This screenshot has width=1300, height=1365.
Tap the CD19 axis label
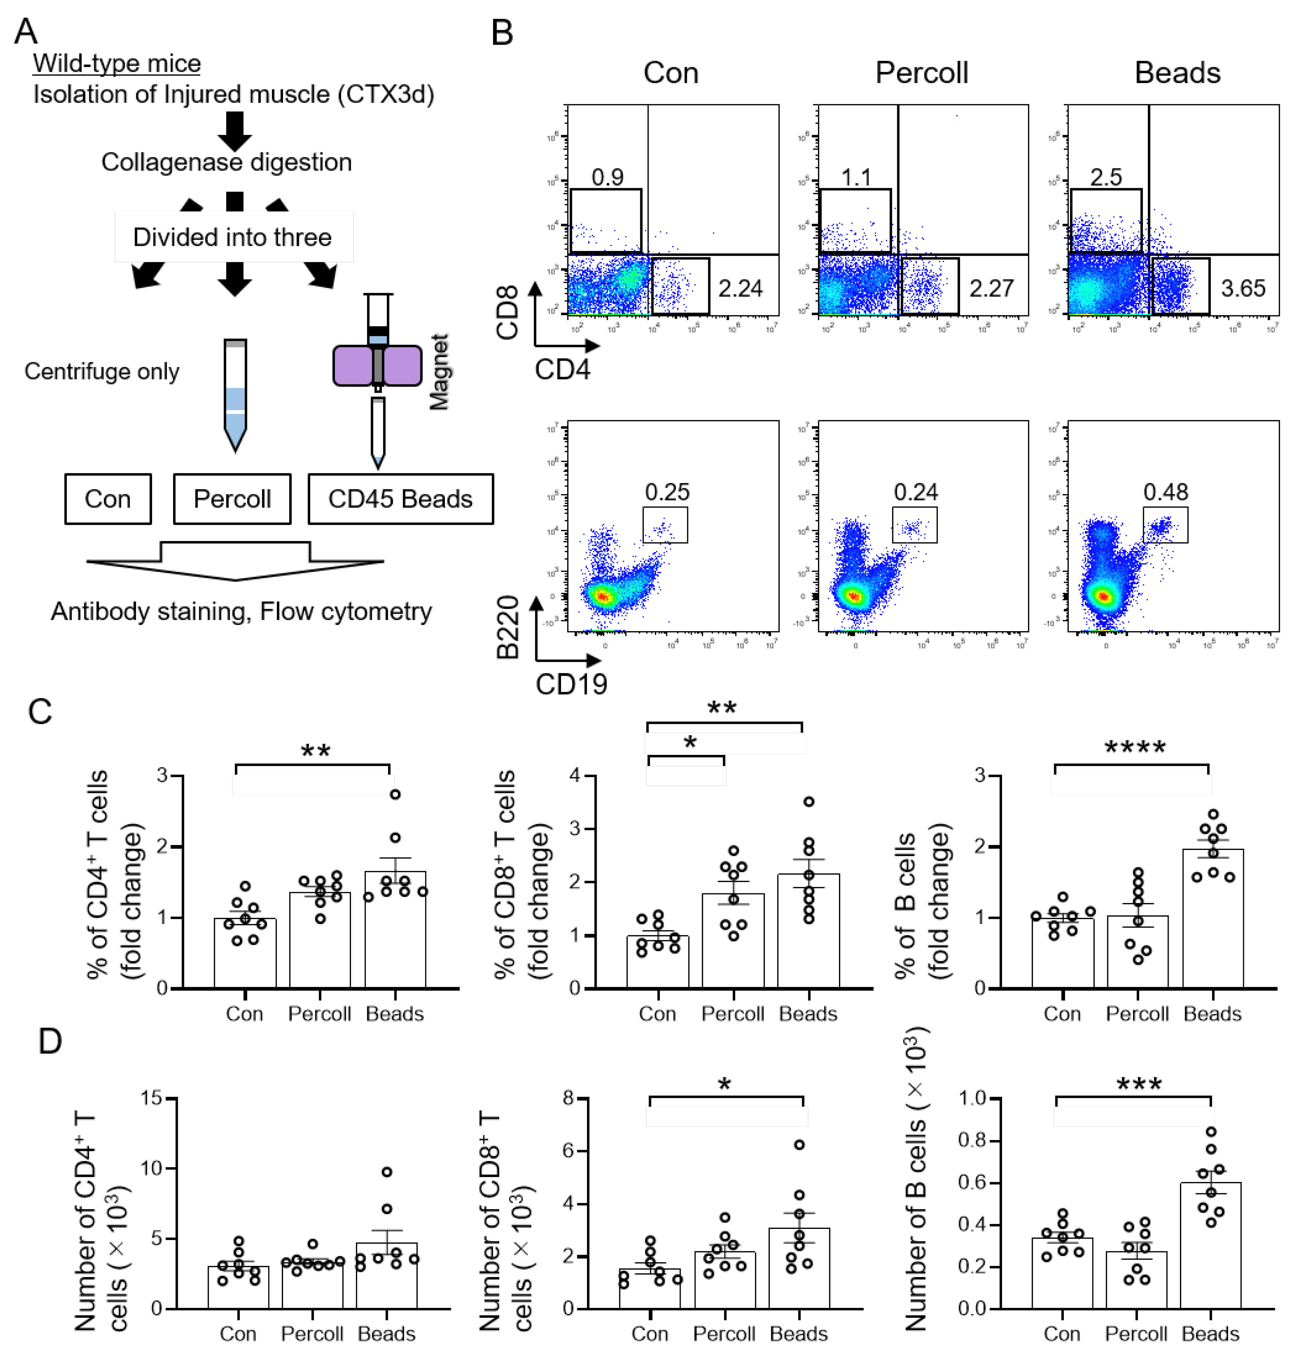pos(571,683)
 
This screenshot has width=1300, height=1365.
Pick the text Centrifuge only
pos(102,372)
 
